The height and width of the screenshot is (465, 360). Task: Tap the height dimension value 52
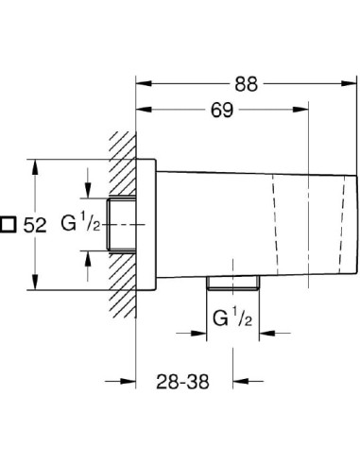point(34,225)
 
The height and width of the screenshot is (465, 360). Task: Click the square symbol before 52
point(9,225)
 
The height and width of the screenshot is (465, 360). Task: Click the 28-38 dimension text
point(181,382)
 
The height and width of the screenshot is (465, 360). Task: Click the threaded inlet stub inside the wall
point(124,225)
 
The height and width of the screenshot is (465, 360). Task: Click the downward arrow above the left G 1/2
point(88,190)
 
